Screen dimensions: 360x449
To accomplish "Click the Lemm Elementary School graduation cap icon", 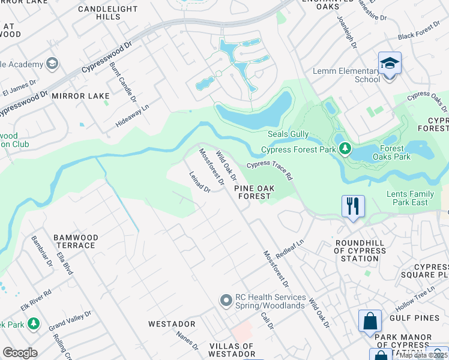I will pos(390,63).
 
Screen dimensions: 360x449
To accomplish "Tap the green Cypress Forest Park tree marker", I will pos(345,148).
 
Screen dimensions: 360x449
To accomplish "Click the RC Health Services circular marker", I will pos(226,299).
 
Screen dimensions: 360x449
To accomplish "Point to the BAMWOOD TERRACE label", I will pos(75,241).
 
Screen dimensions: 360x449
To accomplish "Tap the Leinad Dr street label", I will pos(199,182).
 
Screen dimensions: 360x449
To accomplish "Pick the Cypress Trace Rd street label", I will pos(270,170).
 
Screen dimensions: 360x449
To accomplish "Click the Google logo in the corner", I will pos(20,352).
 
